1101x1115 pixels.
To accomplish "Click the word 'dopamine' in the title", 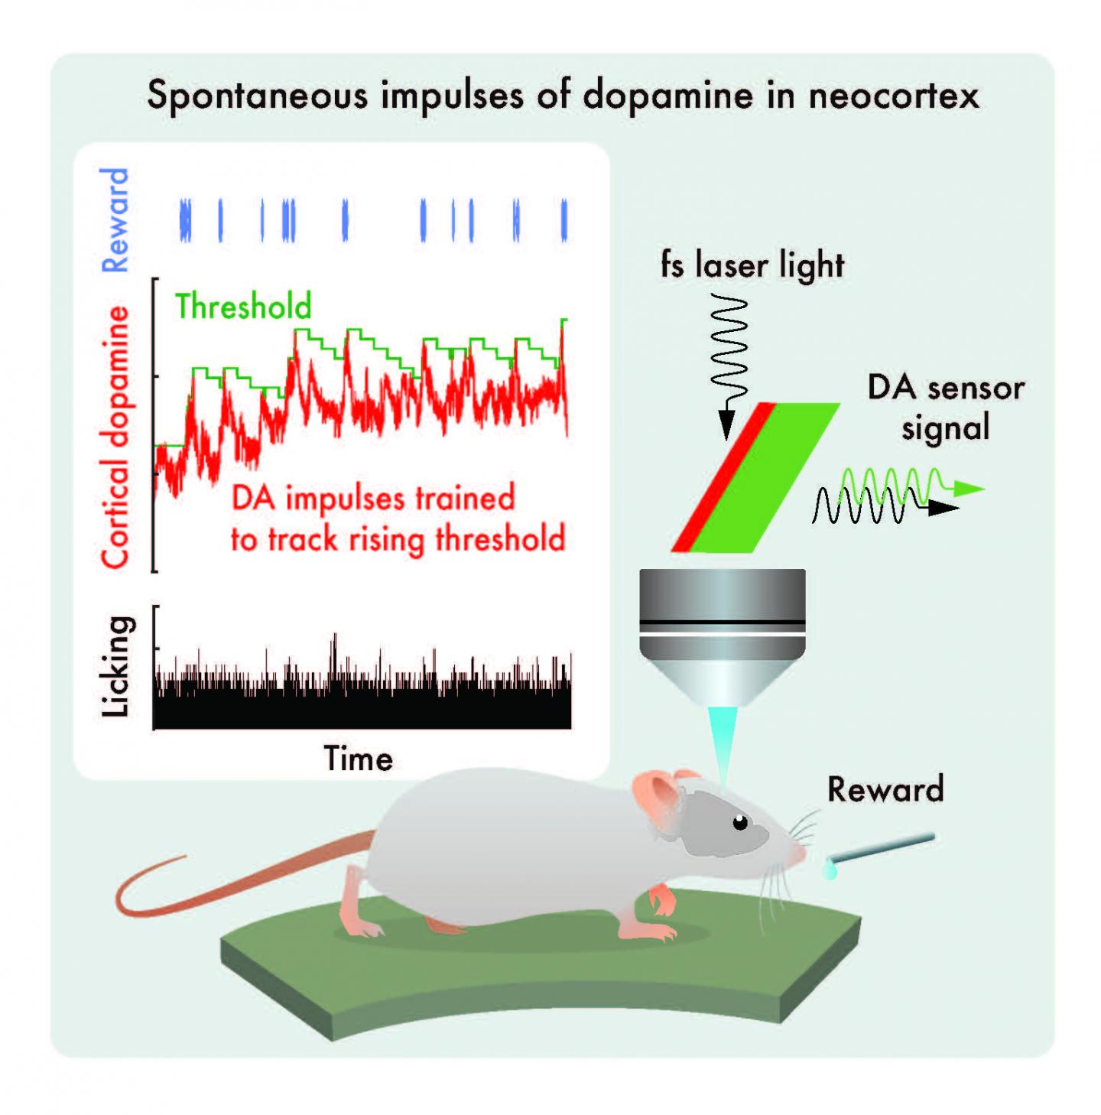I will pos(667,96).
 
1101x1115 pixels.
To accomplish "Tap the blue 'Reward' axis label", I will pos(115,220).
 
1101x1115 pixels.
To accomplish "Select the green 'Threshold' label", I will pos(243,307).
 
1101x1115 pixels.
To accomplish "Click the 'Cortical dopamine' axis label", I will pos(115,437).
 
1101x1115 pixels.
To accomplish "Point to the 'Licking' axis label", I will pos(115,666).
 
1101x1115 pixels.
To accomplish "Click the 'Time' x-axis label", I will pos(358,759).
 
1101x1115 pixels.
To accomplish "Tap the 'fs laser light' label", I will pos(752,265).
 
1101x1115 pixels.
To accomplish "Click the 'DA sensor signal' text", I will pos(945,408).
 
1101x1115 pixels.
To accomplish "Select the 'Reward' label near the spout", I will pos(885,789).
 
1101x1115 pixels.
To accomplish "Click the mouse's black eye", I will pos(740,823).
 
